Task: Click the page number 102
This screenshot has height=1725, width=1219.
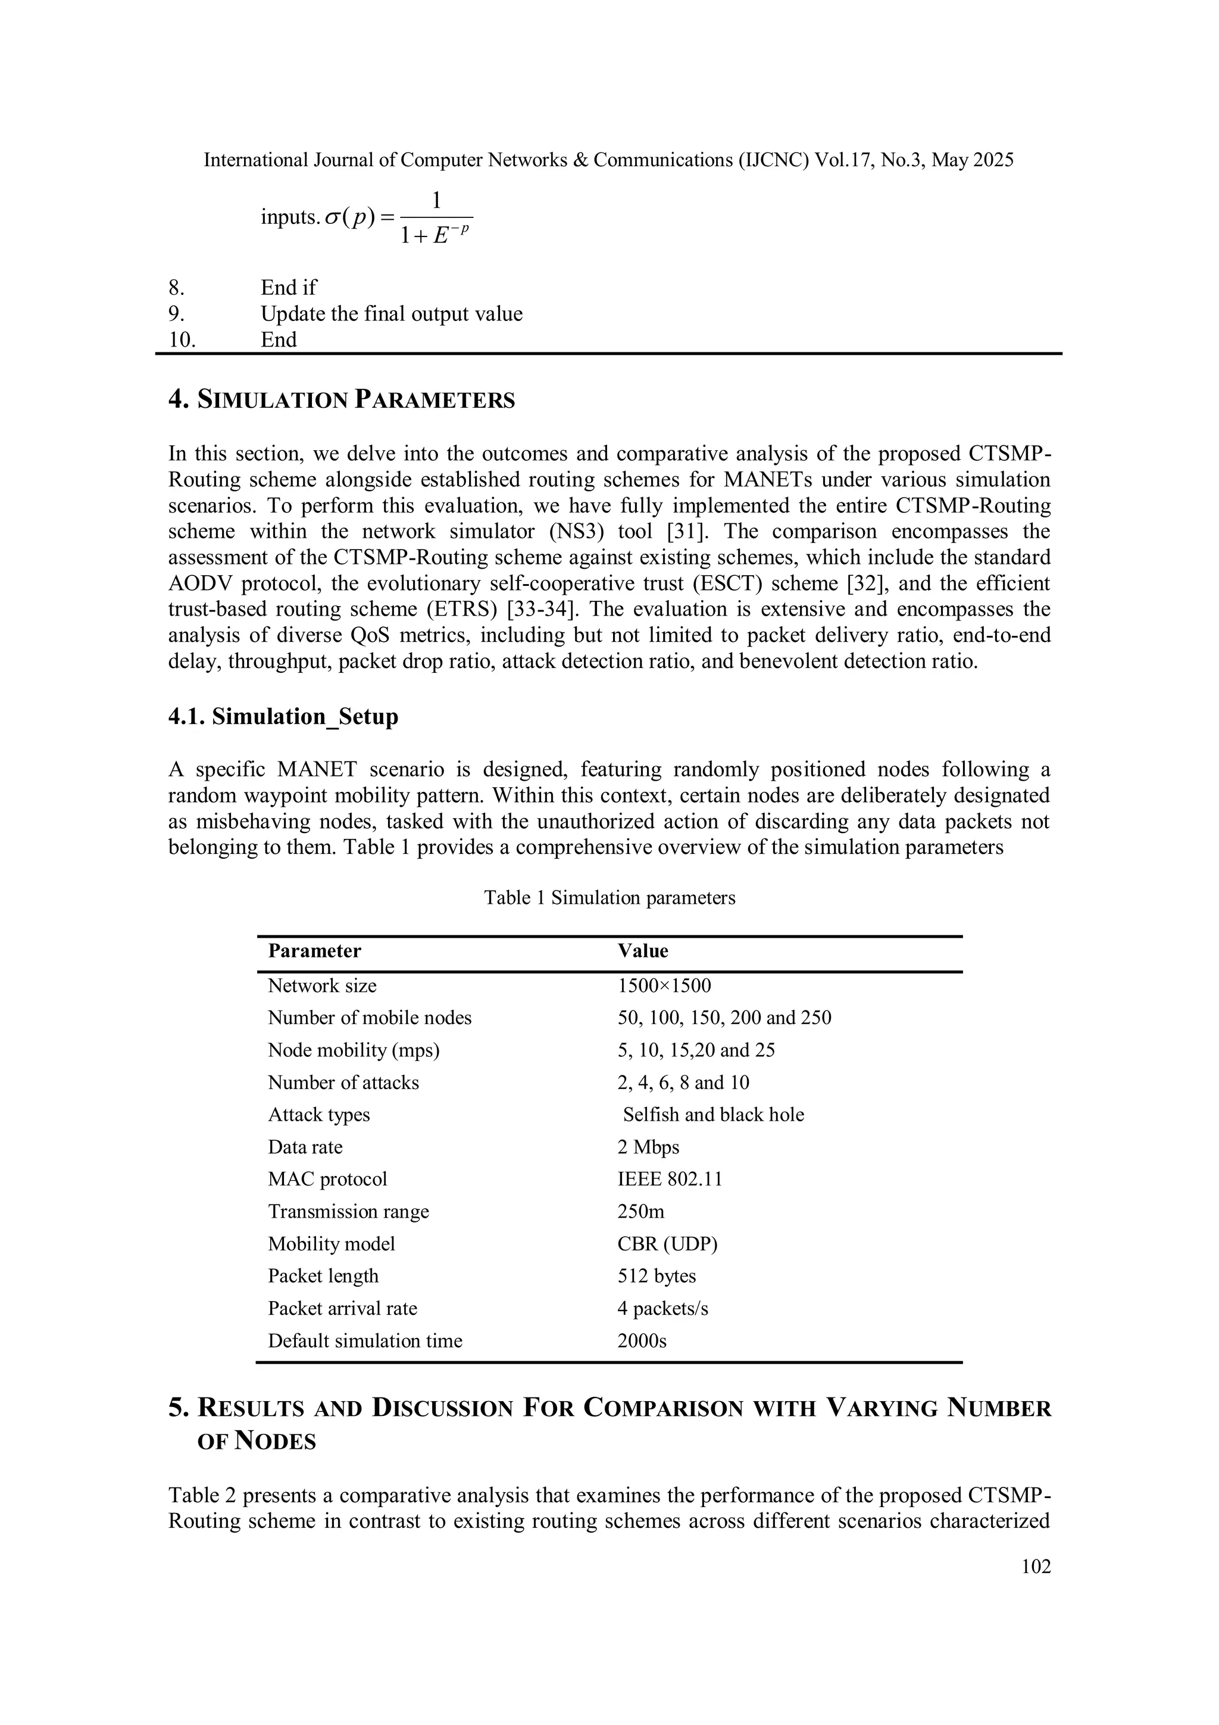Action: tap(1036, 1566)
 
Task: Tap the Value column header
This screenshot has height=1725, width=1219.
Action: tap(642, 951)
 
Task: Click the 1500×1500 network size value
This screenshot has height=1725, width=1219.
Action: tap(664, 985)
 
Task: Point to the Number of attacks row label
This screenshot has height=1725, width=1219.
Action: tap(343, 1083)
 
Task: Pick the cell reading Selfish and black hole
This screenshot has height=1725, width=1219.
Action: tap(713, 1115)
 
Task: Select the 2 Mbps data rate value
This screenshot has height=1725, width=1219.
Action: tap(648, 1147)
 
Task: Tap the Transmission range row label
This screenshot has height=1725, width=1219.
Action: tap(349, 1212)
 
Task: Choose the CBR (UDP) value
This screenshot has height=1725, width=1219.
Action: tap(667, 1244)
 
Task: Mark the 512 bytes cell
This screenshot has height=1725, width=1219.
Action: tap(657, 1277)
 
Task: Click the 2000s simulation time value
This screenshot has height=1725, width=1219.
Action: tap(642, 1341)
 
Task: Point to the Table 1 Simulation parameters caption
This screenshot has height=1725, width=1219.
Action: tap(609, 898)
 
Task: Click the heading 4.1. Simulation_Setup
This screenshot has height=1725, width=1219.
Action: tap(283, 717)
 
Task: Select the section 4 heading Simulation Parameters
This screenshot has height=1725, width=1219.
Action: tap(342, 400)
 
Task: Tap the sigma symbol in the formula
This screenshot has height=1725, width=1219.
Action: tap(332, 218)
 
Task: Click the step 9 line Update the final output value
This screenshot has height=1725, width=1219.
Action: tap(391, 314)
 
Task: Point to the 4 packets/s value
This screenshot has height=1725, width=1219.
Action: tap(662, 1309)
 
